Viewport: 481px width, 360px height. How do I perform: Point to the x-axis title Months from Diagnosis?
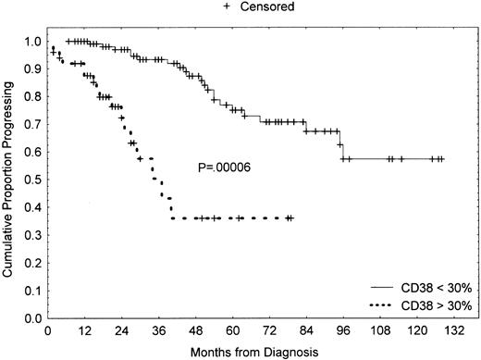pyautogui.click(x=244, y=351)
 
